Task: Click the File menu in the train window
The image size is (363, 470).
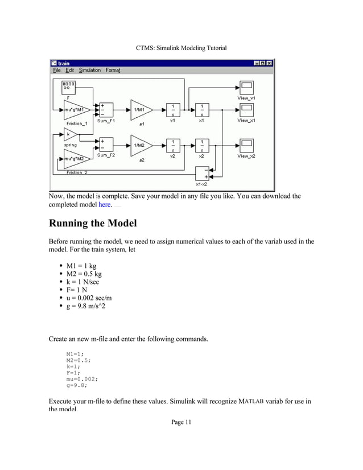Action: pos(56,71)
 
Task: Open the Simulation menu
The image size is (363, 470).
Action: pos(90,71)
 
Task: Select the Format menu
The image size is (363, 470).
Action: pos(113,71)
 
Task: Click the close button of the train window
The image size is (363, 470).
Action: pos(270,63)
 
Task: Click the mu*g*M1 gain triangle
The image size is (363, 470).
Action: pos(73,110)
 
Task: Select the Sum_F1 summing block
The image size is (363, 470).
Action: pos(105,110)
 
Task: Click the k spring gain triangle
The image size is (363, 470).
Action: pos(70,135)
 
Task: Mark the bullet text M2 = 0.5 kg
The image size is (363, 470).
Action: pos(85,274)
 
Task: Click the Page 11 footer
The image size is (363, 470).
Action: pos(181,422)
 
